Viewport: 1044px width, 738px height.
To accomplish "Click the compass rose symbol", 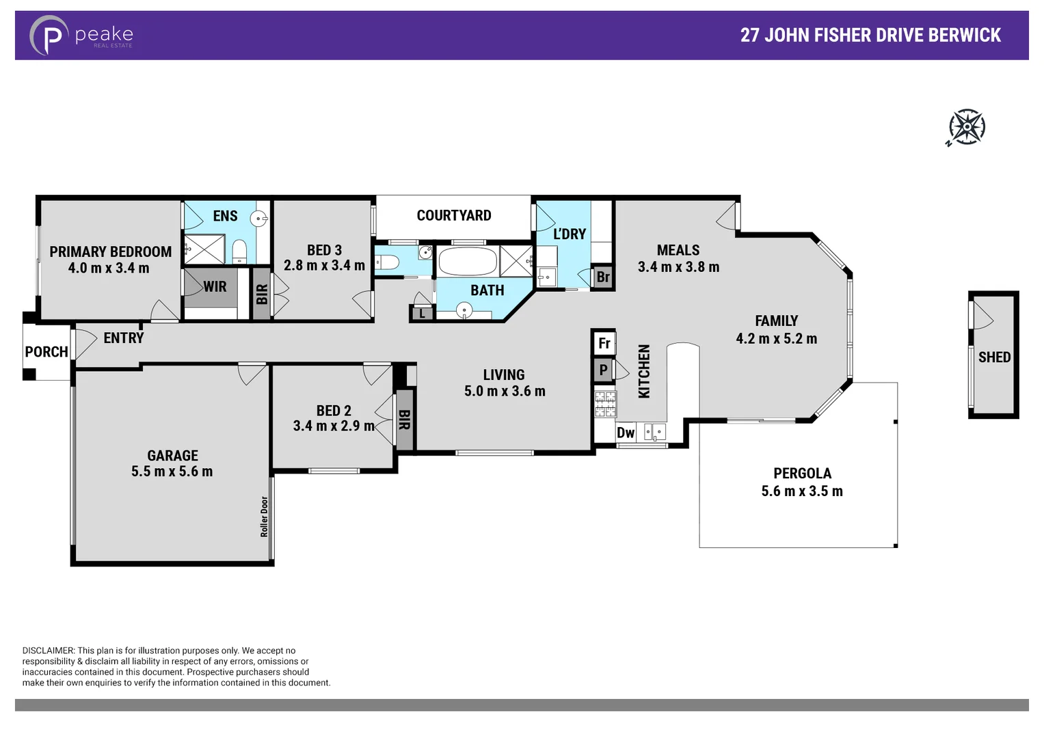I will tap(966, 127).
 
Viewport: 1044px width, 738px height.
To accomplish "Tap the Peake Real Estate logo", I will tap(81, 36).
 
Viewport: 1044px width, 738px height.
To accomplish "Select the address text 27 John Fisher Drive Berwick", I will tap(870, 36).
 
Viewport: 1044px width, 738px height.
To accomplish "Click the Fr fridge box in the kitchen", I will tap(604, 343).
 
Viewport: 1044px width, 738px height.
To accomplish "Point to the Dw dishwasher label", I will tap(625, 433).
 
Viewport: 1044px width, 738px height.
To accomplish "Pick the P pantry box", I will tap(603, 370).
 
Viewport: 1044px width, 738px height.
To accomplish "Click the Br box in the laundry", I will tap(602, 277).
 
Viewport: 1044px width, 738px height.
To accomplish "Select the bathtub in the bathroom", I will tap(468, 262).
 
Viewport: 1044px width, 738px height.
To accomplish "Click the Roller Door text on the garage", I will tap(265, 516).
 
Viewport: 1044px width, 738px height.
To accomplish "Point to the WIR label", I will tap(215, 287).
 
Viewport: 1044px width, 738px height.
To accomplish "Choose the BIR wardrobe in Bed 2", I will tap(404, 420).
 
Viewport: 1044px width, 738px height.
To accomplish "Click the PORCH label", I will tap(46, 352).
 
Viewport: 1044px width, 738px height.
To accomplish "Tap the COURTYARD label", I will tap(454, 216).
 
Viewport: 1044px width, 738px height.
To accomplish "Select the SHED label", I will tap(994, 357).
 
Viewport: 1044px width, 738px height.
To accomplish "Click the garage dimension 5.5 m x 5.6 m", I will tap(172, 471).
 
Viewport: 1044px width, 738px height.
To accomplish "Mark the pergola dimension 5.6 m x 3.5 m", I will tap(802, 491).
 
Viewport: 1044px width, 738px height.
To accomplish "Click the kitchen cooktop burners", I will tap(605, 403).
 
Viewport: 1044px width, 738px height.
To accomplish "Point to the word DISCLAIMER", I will tap(48, 651).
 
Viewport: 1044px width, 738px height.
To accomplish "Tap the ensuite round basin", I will tap(258, 219).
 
